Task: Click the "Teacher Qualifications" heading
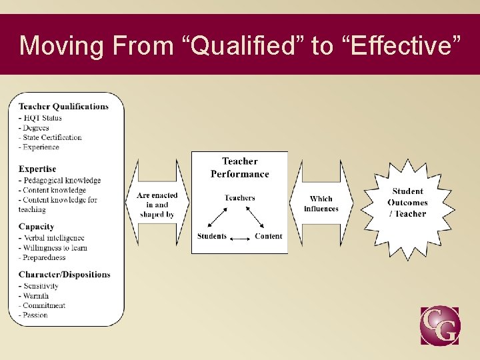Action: click(63, 107)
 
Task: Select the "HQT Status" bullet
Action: click(43, 118)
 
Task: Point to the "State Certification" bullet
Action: click(52, 137)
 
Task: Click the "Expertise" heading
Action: click(37, 169)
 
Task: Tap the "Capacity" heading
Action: click(37, 227)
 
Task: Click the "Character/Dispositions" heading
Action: click(65, 275)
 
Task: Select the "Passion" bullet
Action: click(35, 315)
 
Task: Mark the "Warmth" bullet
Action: click(36, 295)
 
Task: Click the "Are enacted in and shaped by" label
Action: click(157, 205)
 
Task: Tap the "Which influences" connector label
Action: click(321, 203)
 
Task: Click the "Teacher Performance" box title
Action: click(240, 168)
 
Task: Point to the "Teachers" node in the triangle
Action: click(240, 198)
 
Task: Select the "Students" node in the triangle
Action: click(212, 236)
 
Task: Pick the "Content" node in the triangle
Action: click(268, 236)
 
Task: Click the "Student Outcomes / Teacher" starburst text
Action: click(407, 203)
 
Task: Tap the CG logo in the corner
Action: click(439, 325)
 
